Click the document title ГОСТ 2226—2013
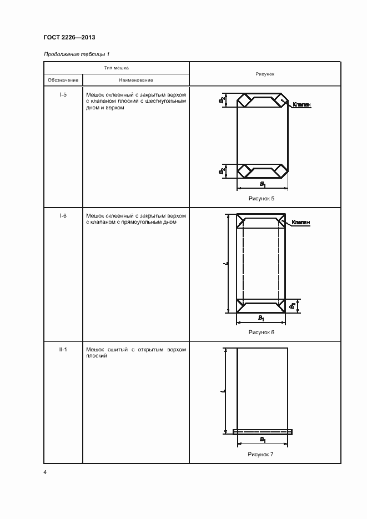(x=69, y=37)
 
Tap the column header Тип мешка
(x=117, y=68)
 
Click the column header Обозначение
(x=63, y=80)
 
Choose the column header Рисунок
(x=265, y=74)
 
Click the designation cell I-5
(x=63, y=95)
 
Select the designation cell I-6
(x=63, y=215)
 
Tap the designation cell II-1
(x=63, y=350)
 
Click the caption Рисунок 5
(x=262, y=198)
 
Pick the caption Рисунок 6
(x=262, y=332)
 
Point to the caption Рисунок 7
(x=262, y=454)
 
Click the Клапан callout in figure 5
(x=300, y=104)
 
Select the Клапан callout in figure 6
(x=300, y=222)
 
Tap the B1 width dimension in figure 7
(x=262, y=440)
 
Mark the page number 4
(x=45, y=472)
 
